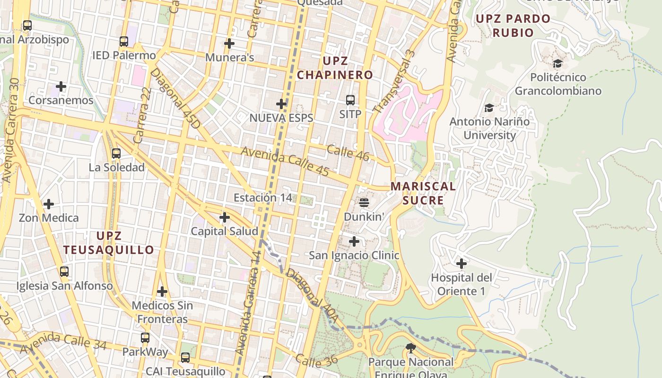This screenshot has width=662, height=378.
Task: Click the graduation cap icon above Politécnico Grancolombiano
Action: click(x=558, y=63)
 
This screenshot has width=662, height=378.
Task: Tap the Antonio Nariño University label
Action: click(x=489, y=128)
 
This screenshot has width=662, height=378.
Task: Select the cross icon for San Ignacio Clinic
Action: click(x=354, y=241)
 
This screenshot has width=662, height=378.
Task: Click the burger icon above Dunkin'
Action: click(x=364, y=203)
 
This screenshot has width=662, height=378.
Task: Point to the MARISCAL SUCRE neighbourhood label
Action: click(x=423, y=193)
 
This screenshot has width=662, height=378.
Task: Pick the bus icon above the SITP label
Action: click(x=350, y=100)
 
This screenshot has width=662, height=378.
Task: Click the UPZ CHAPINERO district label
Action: click(x=335, y=68)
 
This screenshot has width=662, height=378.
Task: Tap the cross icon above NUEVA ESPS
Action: click(x=281, y=104)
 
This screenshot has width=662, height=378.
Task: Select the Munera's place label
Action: click(x=230, y=58)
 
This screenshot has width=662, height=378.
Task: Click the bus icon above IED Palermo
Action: click(x=123, y=42)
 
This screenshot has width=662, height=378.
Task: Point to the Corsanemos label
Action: click(x=61, y=100)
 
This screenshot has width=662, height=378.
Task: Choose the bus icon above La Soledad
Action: click(x=116, y=154)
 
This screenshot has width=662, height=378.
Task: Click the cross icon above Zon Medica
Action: click(x=48, y=204)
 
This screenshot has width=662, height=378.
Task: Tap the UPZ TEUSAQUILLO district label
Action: click(x=109, y=243)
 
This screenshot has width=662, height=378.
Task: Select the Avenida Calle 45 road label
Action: click(x=285, y=162)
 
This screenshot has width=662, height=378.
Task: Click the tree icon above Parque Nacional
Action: click(x=410, y=349)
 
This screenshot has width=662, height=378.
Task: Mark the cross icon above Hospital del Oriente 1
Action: click(x=462, y=264)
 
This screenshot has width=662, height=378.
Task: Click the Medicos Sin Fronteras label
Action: click(x=162, y=312)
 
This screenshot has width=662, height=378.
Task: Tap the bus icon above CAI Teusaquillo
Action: click(x=185, y=358)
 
